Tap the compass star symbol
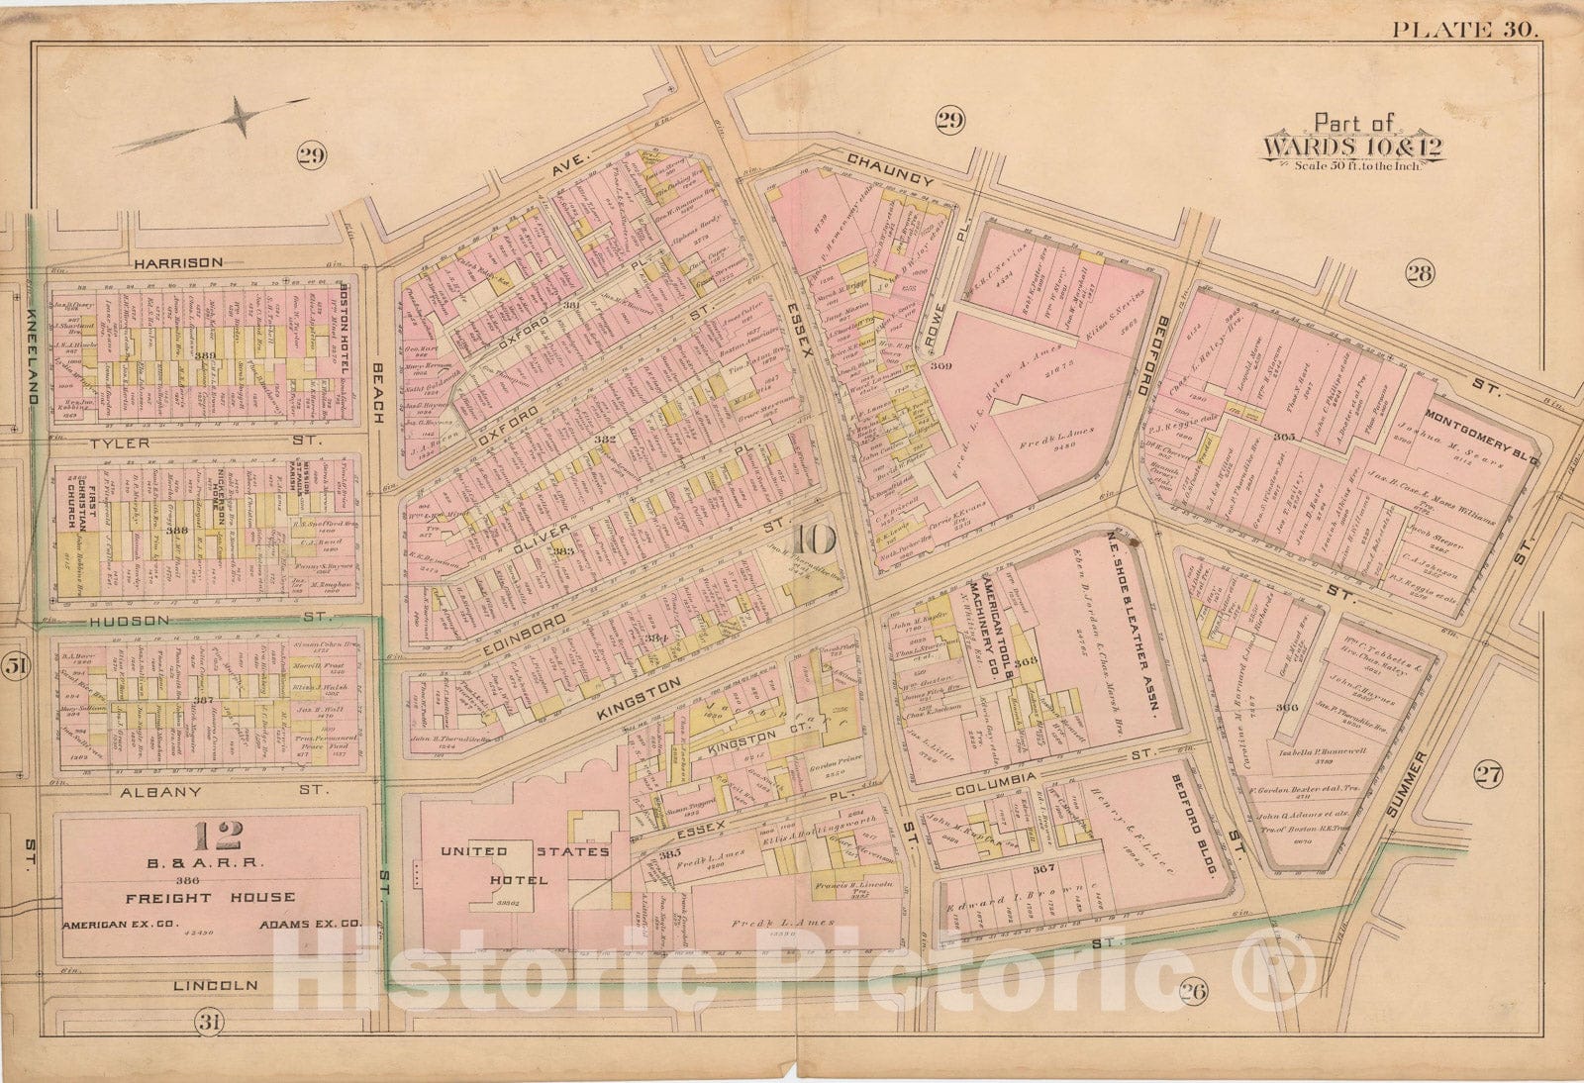point(240,117)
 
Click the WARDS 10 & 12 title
point(1353,147)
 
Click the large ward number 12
point(218,837)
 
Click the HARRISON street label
point(178,262)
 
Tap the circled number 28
point(1419,273)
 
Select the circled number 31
point(207,1023)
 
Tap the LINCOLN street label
point(216,985)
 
